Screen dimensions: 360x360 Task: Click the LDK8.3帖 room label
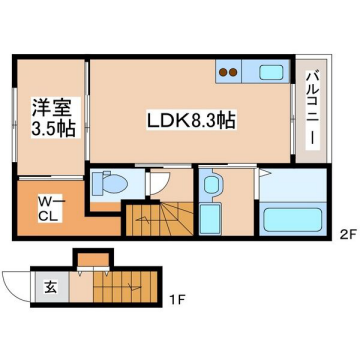click(x=191, y=120)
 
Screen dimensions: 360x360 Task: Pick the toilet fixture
click(x=107, y=184)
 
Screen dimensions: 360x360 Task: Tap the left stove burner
click(x=224, y=72)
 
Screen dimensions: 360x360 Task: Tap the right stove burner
click(x=237, y=72)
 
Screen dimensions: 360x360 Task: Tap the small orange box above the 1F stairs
click(x=93, y=262)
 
